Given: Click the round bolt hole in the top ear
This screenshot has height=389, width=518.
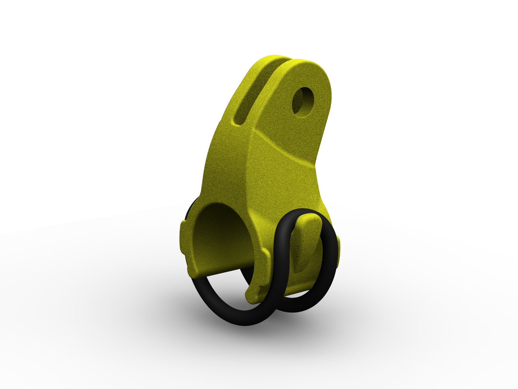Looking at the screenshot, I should (303, 102).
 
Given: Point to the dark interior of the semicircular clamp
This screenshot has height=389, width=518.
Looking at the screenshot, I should (220, 238).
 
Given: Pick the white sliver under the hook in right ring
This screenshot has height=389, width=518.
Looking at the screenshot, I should (298, 294).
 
